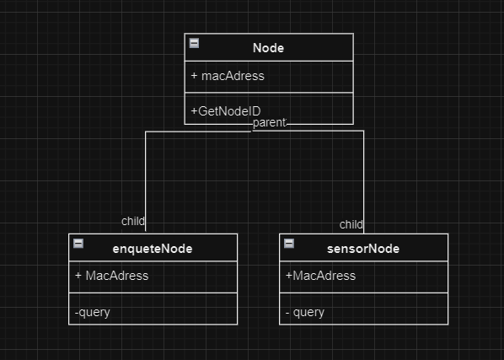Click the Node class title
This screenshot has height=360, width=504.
pyautogui.click(x=268, y=48)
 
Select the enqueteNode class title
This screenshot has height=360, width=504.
pyautogui.click(x=153, y=249)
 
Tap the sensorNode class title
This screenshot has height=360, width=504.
pyautogui.click(x=363, y=249)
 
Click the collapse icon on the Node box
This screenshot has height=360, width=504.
pyautogui.click(x=194, y=43)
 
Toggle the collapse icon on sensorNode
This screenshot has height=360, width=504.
pyautogui.click(x=289, y=244)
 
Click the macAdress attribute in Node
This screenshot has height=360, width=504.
pyautogui.click(x=233, y=76)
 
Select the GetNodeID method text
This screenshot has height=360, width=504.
pyautogui.click(x=229, y=111)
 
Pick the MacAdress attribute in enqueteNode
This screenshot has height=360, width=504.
pyautogui.click(x=117, y=276)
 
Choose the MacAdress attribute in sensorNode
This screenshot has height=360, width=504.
pyautogui.click(x=324, y=276)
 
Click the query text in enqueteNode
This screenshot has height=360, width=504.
pyautogui.click(x=94, y=313)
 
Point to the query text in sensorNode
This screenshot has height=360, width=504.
pyautogui.click(x=308, y=313)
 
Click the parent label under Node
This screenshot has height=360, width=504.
pyautogui.click(x=270, y=122)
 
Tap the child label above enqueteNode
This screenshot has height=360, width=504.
pyautogui.click(x=133, y=221)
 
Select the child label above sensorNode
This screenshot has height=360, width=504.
pyautogui.click(x=351, y=224)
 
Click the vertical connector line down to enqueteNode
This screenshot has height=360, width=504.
pyautogui.click(x=146, y=181)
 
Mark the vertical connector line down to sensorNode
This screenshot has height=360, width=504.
pyautogui.click(x=363, y=182)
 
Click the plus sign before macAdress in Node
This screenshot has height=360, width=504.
pyautogui.click(x=194, y=76)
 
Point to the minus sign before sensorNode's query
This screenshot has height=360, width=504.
pyautogui.click(x=287, y=313)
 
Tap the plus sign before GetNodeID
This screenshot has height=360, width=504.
pyautogui.click(x=194, y=111)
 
